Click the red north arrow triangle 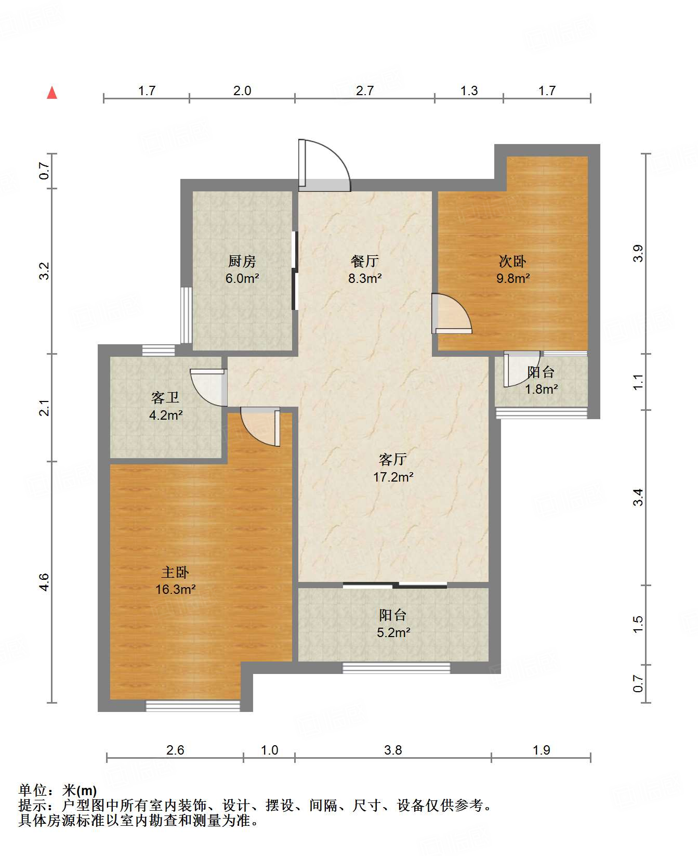pyautogui.click(x=52, y=93)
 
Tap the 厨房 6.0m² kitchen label pyautogui.click(x=242, y=269)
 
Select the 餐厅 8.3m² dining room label pyautogui.click(x=365, y=269)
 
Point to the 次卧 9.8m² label pyautogui.click(x=513, y=269)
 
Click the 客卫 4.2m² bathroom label pyautogui.click(x=165, y=406)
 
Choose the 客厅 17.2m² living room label pyautogui.click(x=393, y=468)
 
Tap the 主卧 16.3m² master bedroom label pyautogui.click(x=175, y=580)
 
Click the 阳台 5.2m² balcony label pyautogui.click(x=393, y=624)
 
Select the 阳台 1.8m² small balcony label pyautogui.click(x=541, y=380)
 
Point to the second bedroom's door pyautogui.click(x=451, y=314)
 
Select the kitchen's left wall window pyautogui.click(x=186, y=315)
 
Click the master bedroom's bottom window pyautogui.click(x=193, y=706)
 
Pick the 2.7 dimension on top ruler pyautogui.click(x=365, y=90)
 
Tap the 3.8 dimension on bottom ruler pyautogui.click(x=393, y=750)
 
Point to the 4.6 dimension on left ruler pyautogui.click(x=44, y=581)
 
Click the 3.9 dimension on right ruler pyautogui.click(x=638, y=253)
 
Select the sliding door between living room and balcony pyautogui.click(x=395, y=585)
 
